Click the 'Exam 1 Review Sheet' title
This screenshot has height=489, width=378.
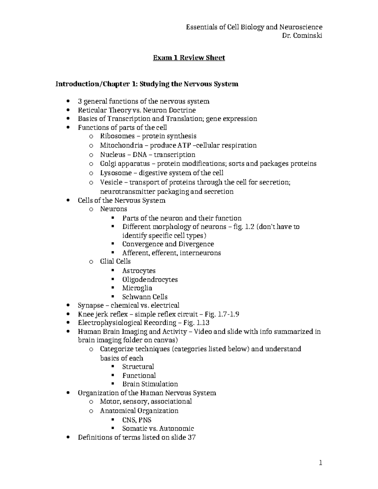189,58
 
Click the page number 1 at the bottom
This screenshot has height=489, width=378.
320,463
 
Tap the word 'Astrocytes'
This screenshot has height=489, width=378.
139,271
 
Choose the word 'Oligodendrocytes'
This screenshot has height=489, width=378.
150,280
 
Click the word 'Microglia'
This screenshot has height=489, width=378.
137,288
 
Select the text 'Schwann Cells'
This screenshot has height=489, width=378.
145,297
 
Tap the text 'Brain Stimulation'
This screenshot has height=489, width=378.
150,384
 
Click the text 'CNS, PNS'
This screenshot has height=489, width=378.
137,420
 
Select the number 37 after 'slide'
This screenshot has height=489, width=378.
192,437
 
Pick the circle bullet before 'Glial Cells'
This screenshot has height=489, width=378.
91,262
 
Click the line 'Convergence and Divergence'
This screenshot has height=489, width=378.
168,244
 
